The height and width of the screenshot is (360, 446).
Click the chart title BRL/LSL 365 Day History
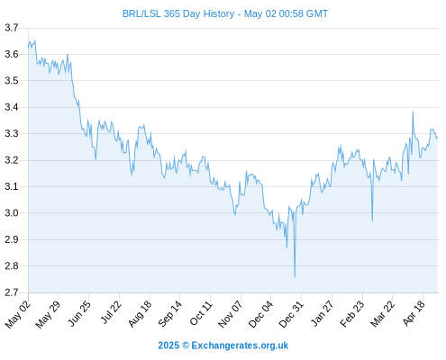178,13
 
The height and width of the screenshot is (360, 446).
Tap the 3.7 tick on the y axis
12,28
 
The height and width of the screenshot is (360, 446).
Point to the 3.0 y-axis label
12,213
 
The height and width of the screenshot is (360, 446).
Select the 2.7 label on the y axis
12,292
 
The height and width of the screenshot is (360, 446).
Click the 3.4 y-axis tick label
12,107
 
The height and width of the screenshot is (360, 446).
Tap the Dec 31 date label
291,313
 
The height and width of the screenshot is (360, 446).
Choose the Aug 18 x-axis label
140,313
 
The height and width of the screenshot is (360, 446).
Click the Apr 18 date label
414,313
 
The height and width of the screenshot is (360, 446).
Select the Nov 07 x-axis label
230,314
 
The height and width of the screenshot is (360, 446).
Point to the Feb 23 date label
352,313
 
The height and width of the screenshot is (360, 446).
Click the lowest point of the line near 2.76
295,277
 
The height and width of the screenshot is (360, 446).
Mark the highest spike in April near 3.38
413,112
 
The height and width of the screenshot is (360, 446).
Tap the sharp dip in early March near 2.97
372,220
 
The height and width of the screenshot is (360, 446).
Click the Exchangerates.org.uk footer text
240,346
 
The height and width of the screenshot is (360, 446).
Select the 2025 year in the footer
168,346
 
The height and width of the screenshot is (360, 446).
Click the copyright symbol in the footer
186,346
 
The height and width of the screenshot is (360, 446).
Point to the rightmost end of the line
438,138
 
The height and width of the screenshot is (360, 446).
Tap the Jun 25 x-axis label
79,313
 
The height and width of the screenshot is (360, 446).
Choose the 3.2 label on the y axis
12,160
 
